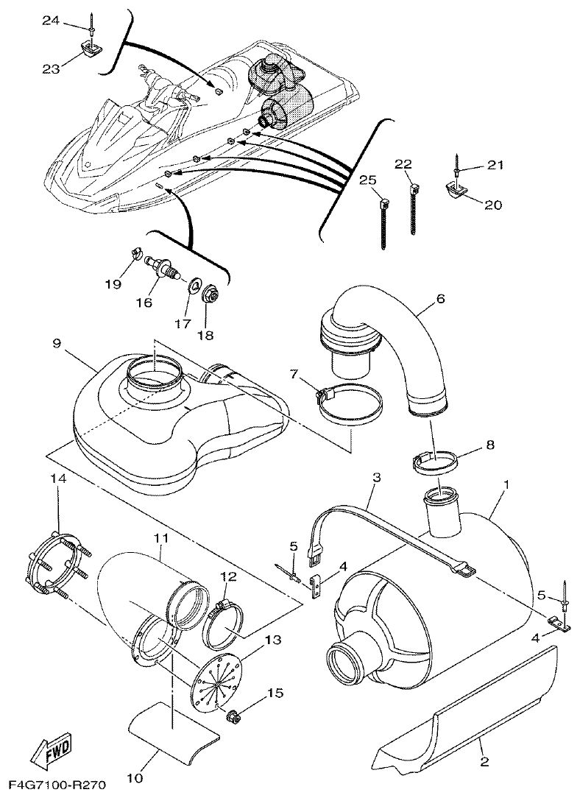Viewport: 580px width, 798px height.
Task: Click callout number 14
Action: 57,479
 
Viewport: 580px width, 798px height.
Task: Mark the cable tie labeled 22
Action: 414,210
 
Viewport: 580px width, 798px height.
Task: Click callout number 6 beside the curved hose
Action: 440,299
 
